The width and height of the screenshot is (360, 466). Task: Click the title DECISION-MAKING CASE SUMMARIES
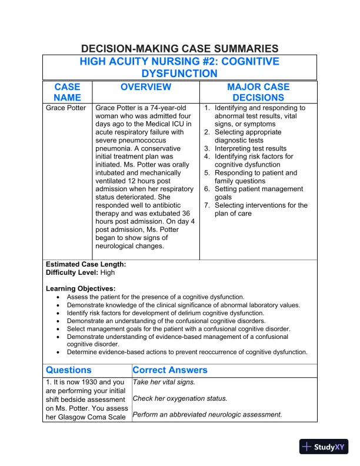coord(179,49)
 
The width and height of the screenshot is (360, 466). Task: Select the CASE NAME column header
coord(67,92)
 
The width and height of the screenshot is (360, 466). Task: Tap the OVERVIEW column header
coord(146,87)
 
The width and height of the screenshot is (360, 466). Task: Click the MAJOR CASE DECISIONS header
coord(258,92)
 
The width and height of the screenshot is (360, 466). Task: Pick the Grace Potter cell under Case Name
coord(66,108)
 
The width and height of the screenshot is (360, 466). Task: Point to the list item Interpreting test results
coord(250,149)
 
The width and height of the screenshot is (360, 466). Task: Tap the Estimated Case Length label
coord(86,265)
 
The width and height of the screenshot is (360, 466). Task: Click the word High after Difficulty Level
coord(108,273)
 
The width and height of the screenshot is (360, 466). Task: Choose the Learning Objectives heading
coord(81,289)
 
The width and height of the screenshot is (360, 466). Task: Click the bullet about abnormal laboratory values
coord(183,305)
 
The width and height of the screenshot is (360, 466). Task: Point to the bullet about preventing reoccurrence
coord(186,352)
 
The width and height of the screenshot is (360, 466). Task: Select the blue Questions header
coord(69,371)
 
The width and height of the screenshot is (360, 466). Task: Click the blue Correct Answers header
coord(170,371)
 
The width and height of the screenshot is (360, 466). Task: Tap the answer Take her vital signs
coord(164,382)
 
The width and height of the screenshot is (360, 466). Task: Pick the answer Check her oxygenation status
coord(179,398)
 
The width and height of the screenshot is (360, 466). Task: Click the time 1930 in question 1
coord(94,382)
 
